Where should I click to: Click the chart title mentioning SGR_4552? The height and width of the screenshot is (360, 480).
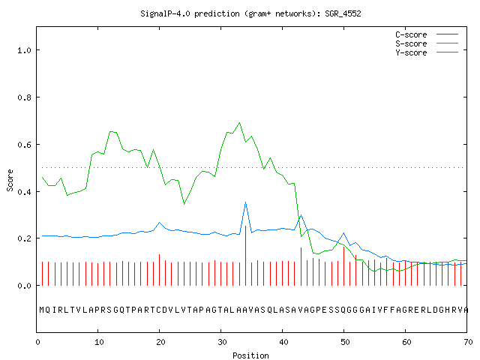tap(250, 13)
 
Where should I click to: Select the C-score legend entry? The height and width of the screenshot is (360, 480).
tap(427, 34)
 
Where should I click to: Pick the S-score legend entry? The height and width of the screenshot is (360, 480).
tap(427, 43)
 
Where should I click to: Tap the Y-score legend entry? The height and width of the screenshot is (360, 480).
tap(427, 52)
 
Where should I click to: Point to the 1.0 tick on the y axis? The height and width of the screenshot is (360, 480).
tap(24, 50)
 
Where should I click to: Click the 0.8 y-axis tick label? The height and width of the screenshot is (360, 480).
tap(24, 97)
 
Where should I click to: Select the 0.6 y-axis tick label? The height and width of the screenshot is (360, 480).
tap(24, 145)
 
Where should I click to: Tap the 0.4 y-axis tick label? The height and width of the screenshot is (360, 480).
tap(24, 192)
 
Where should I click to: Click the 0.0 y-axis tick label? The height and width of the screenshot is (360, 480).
tap(24, 286)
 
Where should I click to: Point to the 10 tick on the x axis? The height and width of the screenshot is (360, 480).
tap(99, 342)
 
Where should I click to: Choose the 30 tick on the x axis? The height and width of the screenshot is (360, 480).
tap(222, 342)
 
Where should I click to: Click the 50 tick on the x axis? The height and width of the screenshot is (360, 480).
tap(345, 342)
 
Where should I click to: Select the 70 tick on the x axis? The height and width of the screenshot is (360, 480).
tap(468, 342)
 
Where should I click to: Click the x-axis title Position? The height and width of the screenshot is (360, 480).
tap(250, 355)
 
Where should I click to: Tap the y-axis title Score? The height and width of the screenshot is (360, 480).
tap(10, 180)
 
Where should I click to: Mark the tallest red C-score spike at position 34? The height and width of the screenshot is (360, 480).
tap(245, 256)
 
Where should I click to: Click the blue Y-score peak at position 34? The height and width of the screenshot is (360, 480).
tap(245, 202)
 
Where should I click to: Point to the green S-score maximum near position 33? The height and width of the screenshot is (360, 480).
tap(239, 123)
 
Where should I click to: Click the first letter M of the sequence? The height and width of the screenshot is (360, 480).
tap(42, 310)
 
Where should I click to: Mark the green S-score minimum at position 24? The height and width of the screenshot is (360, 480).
tap(184, 204)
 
